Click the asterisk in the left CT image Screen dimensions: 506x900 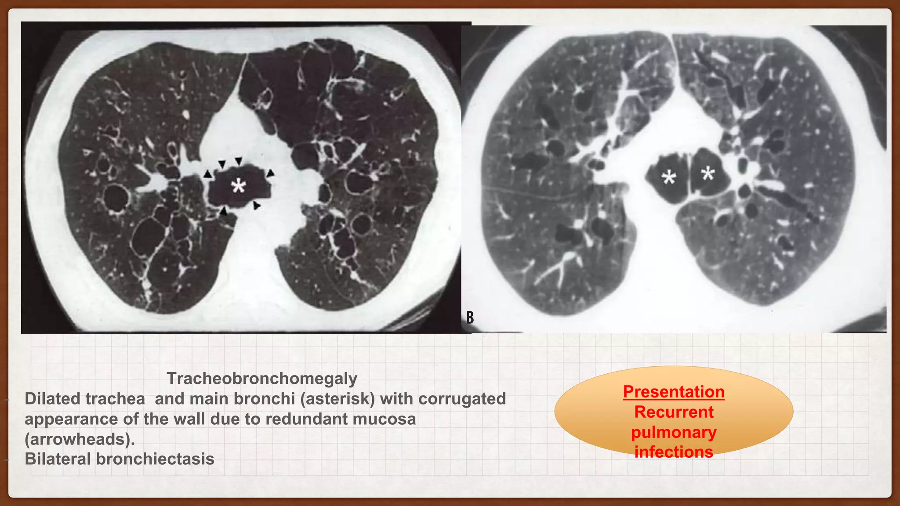[x=238, y=187]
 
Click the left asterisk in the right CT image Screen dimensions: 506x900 [x=669, y=178]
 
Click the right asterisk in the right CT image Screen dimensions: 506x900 [x=708, y=173]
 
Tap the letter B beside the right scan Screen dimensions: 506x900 [x=470, y=317]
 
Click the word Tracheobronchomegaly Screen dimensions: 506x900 [x=262, y=378]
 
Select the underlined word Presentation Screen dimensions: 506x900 [x=674, y=391]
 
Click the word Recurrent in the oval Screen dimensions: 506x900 [x=674, y=412]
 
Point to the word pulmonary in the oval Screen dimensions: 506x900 [x=674, y=433]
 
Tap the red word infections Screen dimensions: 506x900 [x=674, y=452]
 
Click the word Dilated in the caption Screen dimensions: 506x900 [x=52, y=399]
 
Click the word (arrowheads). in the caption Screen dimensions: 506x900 [x=80, y=439]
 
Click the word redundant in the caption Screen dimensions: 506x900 [x=307, y=419]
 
